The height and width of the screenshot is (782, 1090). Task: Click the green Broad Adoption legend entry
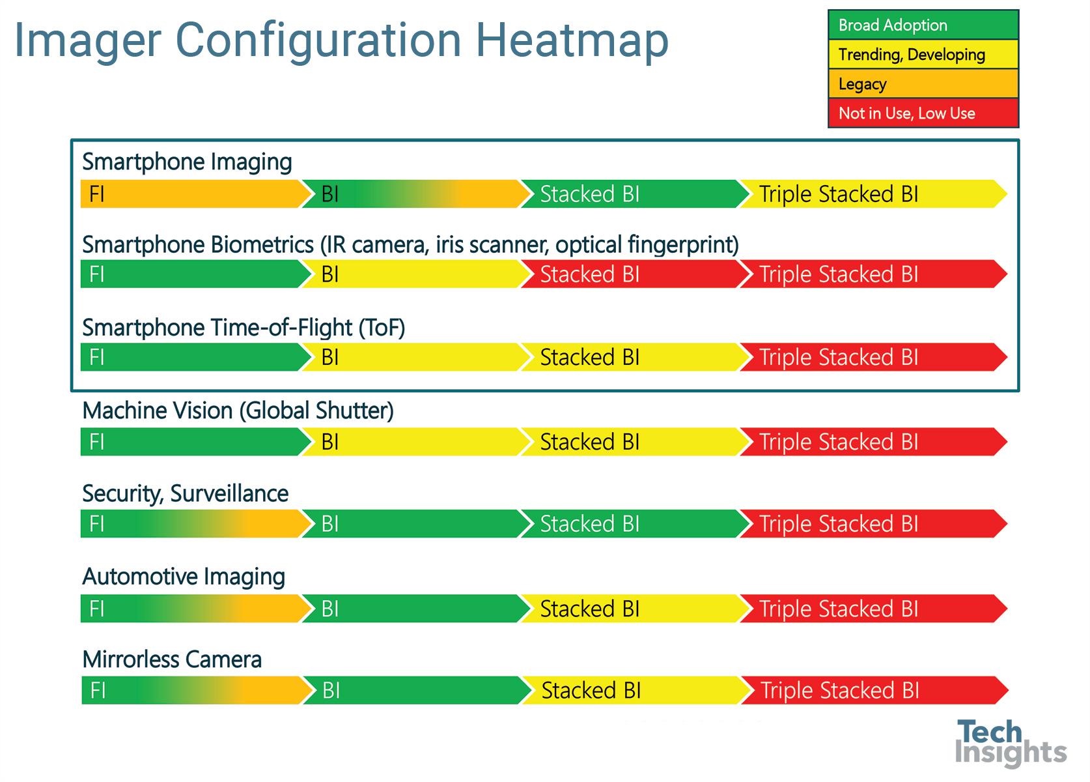pos(923,25)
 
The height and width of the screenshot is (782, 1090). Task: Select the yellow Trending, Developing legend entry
pos(923,54)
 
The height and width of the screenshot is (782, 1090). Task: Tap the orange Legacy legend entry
pos(923,84)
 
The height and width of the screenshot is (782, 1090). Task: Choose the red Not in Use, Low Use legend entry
pos(923,113)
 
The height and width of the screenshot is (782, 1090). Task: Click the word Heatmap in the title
pos(572,41)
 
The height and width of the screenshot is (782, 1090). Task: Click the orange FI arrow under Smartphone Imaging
pos(195,194)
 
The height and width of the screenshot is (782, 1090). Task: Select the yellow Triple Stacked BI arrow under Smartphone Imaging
pos(873,194)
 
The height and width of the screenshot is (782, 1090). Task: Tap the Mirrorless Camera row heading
pos(173,659)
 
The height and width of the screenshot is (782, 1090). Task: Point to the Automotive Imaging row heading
pos(184,577)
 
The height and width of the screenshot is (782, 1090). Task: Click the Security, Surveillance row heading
pos(186,494)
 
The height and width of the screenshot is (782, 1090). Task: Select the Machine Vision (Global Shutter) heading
pos(238,411)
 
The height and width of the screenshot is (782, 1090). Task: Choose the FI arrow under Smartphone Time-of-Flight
pos(195,357)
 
